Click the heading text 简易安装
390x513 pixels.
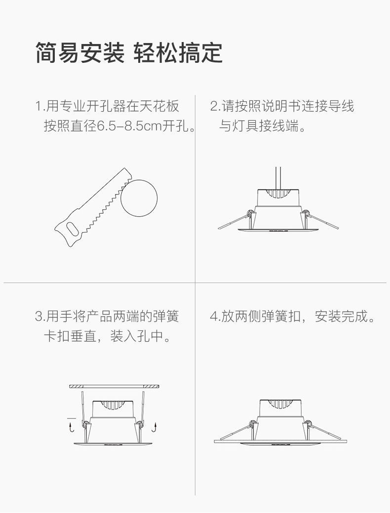click(x=79, y=52)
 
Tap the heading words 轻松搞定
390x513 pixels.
click(x=178, y=52)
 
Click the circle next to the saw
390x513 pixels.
click(x=139, y=198)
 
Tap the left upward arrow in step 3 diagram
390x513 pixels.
click(x=72, y=426)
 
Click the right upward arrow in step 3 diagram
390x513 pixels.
click(x=156, y=426)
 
